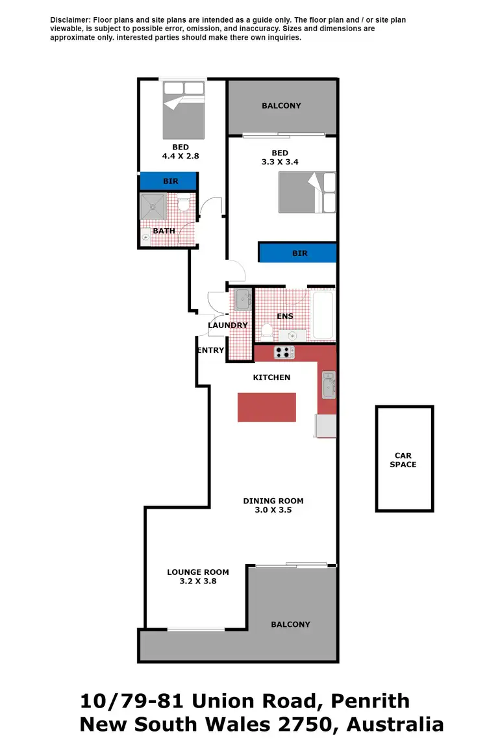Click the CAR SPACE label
coord(403,460)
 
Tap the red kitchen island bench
coord(266,407)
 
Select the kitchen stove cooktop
coord(284,353)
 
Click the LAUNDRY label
coord(227,325)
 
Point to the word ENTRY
coord(210,350)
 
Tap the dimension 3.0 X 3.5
coord(273,510)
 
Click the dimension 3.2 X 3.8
coord(198,581)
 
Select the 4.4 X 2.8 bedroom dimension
coord(181,156)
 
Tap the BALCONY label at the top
coord(281,105)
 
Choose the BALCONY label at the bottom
coord(290,624)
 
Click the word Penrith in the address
coord(370,701)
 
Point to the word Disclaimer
coord(71,20)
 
